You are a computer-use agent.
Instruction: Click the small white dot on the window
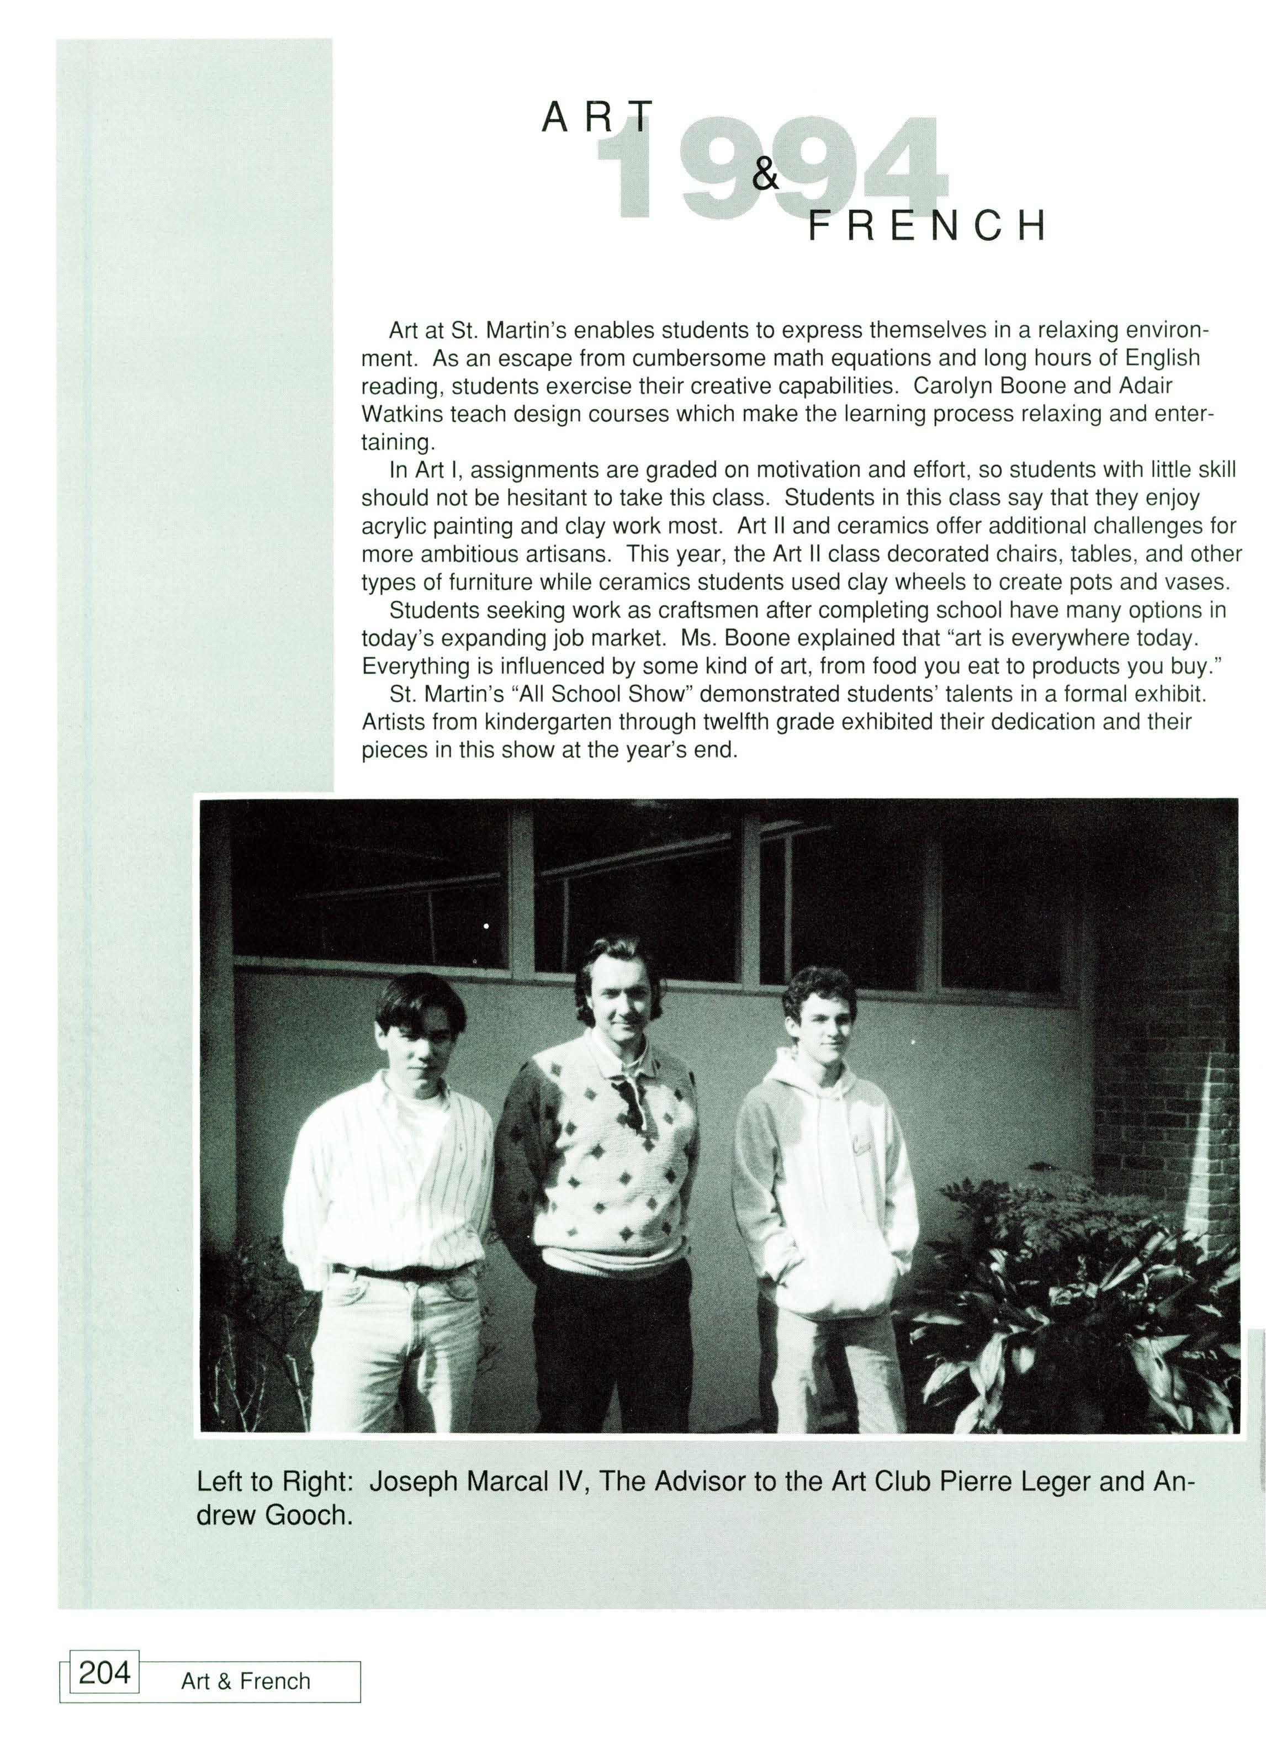486,927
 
